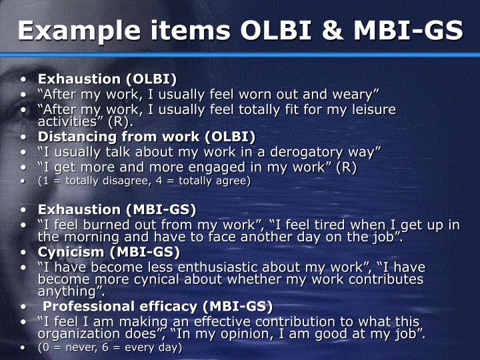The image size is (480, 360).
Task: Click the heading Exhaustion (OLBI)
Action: point(107,79)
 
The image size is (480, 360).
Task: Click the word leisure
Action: point(366,109)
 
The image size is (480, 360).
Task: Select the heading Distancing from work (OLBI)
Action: point(147,137)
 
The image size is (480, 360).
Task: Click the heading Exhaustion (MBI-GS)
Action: point(117,210)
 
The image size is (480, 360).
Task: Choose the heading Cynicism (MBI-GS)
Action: point(109,252)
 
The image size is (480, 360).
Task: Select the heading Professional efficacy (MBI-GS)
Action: point(157,307)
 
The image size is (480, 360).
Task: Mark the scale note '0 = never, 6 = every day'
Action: point(109,347)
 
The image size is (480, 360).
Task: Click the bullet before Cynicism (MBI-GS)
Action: point(24,253)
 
